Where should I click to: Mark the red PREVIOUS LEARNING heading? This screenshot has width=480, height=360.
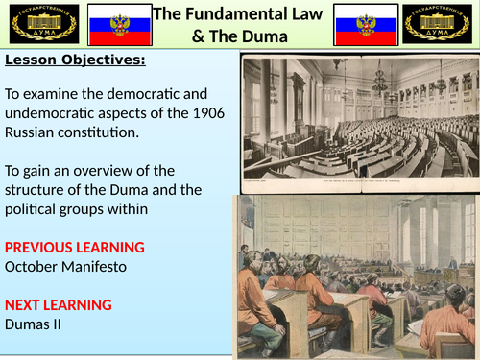[75, 247]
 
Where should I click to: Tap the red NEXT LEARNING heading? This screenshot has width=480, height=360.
[59, 305]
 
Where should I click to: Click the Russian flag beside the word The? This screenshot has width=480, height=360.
[114, 24]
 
